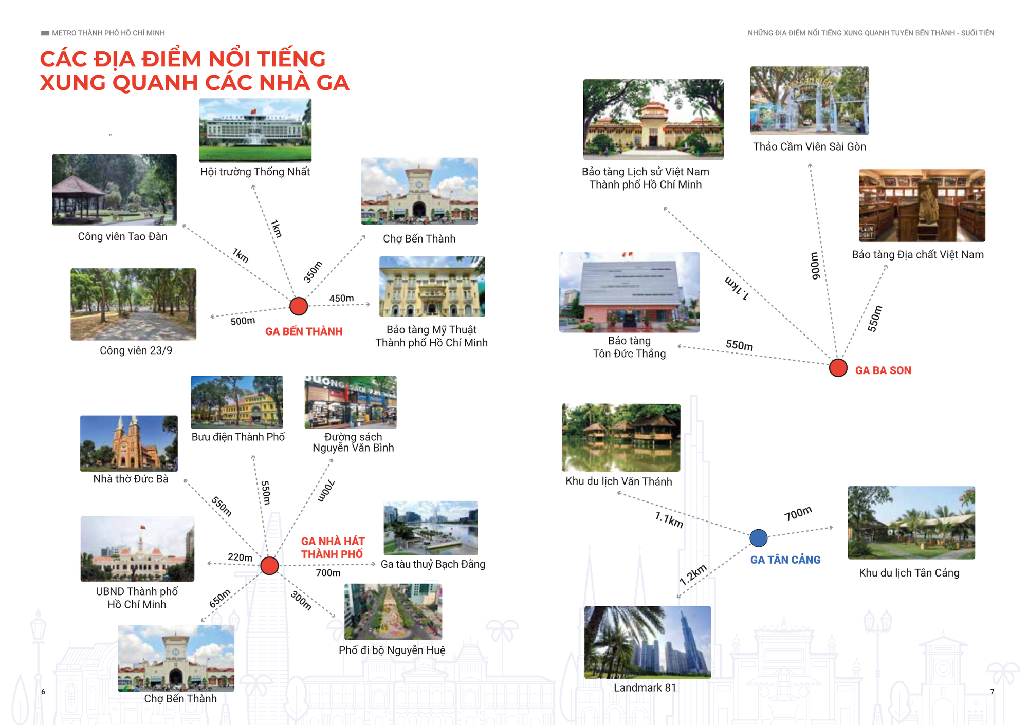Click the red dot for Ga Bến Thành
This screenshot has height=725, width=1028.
[x=299, y=306]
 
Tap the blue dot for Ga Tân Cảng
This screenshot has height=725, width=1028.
[x=758, y=538]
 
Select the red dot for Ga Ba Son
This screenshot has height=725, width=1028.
[x=838, y=368]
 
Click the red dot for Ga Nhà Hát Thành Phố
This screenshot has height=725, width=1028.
[x=269, y=565]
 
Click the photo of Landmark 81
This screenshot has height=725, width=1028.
[x=648, y=642]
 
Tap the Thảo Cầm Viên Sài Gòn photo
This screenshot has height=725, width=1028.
[x=810, y=101]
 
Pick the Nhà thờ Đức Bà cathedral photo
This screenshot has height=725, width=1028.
[x=129, y=443]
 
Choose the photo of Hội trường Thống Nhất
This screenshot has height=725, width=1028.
[x=255, y=130]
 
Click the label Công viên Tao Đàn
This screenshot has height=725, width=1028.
[x=122, y=236]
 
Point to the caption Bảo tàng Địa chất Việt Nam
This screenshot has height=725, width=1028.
[x=917, y=255]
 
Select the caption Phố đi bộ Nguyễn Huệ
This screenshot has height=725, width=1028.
[x=392, y=650]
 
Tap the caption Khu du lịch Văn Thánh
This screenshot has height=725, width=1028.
[x=618, y=481]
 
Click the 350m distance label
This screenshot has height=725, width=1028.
[x=313, y=272]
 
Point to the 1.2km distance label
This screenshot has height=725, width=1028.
[x=693, y=575]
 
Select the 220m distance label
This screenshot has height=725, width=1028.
[x=240, y=557]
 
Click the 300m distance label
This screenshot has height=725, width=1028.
[x=301, y=600]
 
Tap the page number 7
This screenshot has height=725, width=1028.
[x=992, y=692]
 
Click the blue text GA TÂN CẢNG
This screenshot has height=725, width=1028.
[x=785, y=560]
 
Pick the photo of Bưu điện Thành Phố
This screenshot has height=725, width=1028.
[x=236, y=402]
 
